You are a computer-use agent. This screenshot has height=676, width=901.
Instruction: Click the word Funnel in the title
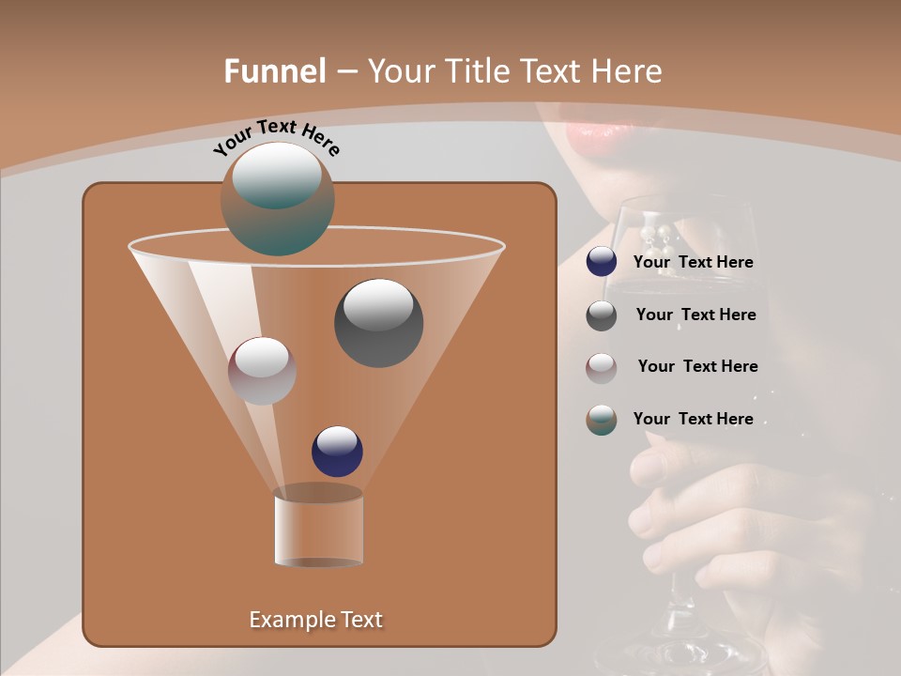tap(275, 71)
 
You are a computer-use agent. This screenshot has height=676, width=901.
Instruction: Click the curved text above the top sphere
tap(277, 138)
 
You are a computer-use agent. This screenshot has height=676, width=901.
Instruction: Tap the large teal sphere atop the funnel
tap(278, 199)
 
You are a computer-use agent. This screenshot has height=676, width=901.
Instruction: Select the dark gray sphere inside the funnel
tap(379, 323)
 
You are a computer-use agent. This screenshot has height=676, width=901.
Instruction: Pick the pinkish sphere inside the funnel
tap(262, 371)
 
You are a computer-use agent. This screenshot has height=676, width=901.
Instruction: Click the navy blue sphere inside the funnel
tap(337, 452)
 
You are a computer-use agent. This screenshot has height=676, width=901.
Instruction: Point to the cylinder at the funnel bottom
tap(318, 527)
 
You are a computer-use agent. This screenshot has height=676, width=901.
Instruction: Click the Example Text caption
tap(315, 620)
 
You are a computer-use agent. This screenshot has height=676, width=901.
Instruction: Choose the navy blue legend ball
tap(602, 262)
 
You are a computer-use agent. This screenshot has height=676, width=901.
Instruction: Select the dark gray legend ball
tap(602, 315)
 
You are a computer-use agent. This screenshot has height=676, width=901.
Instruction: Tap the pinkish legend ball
tap(602, 367)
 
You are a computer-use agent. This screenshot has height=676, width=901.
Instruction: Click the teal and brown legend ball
tap(602, 420)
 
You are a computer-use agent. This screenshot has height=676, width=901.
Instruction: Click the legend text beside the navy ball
tap(693, 263)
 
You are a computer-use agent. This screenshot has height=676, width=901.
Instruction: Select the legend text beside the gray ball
tap(695, 315)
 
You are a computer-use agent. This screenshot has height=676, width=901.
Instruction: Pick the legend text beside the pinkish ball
tap(697, 367)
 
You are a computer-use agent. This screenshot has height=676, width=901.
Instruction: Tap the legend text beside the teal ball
tap(693, 420)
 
